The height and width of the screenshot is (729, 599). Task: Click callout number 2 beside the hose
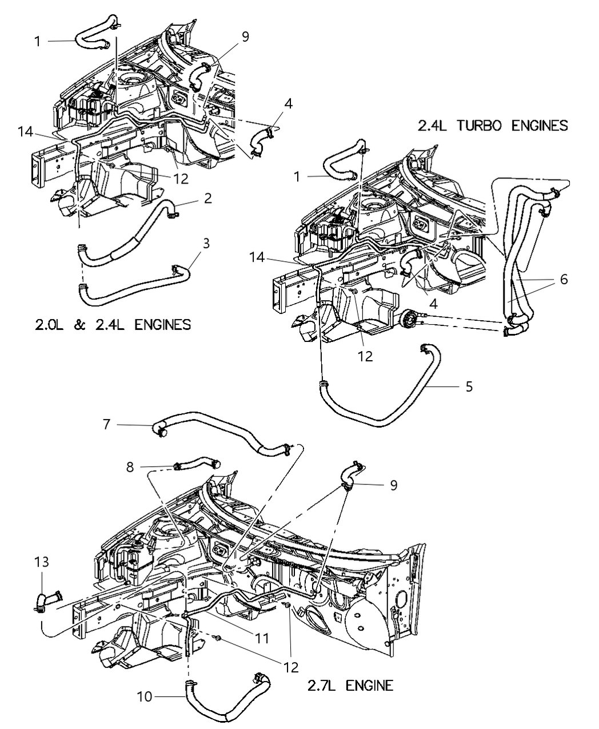point(207,198)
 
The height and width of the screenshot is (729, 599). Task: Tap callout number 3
point(206,244)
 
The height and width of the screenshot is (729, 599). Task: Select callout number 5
point(469,387)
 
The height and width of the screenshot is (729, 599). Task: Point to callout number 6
point(564,279)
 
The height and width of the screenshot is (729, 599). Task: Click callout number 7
point(107,424)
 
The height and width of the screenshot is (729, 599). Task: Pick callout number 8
point(130,467)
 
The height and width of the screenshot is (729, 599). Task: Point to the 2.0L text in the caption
point(49,325)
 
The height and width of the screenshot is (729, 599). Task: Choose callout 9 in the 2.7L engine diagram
point(394,485)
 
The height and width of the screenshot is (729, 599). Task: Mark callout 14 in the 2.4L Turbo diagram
point(257,257)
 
